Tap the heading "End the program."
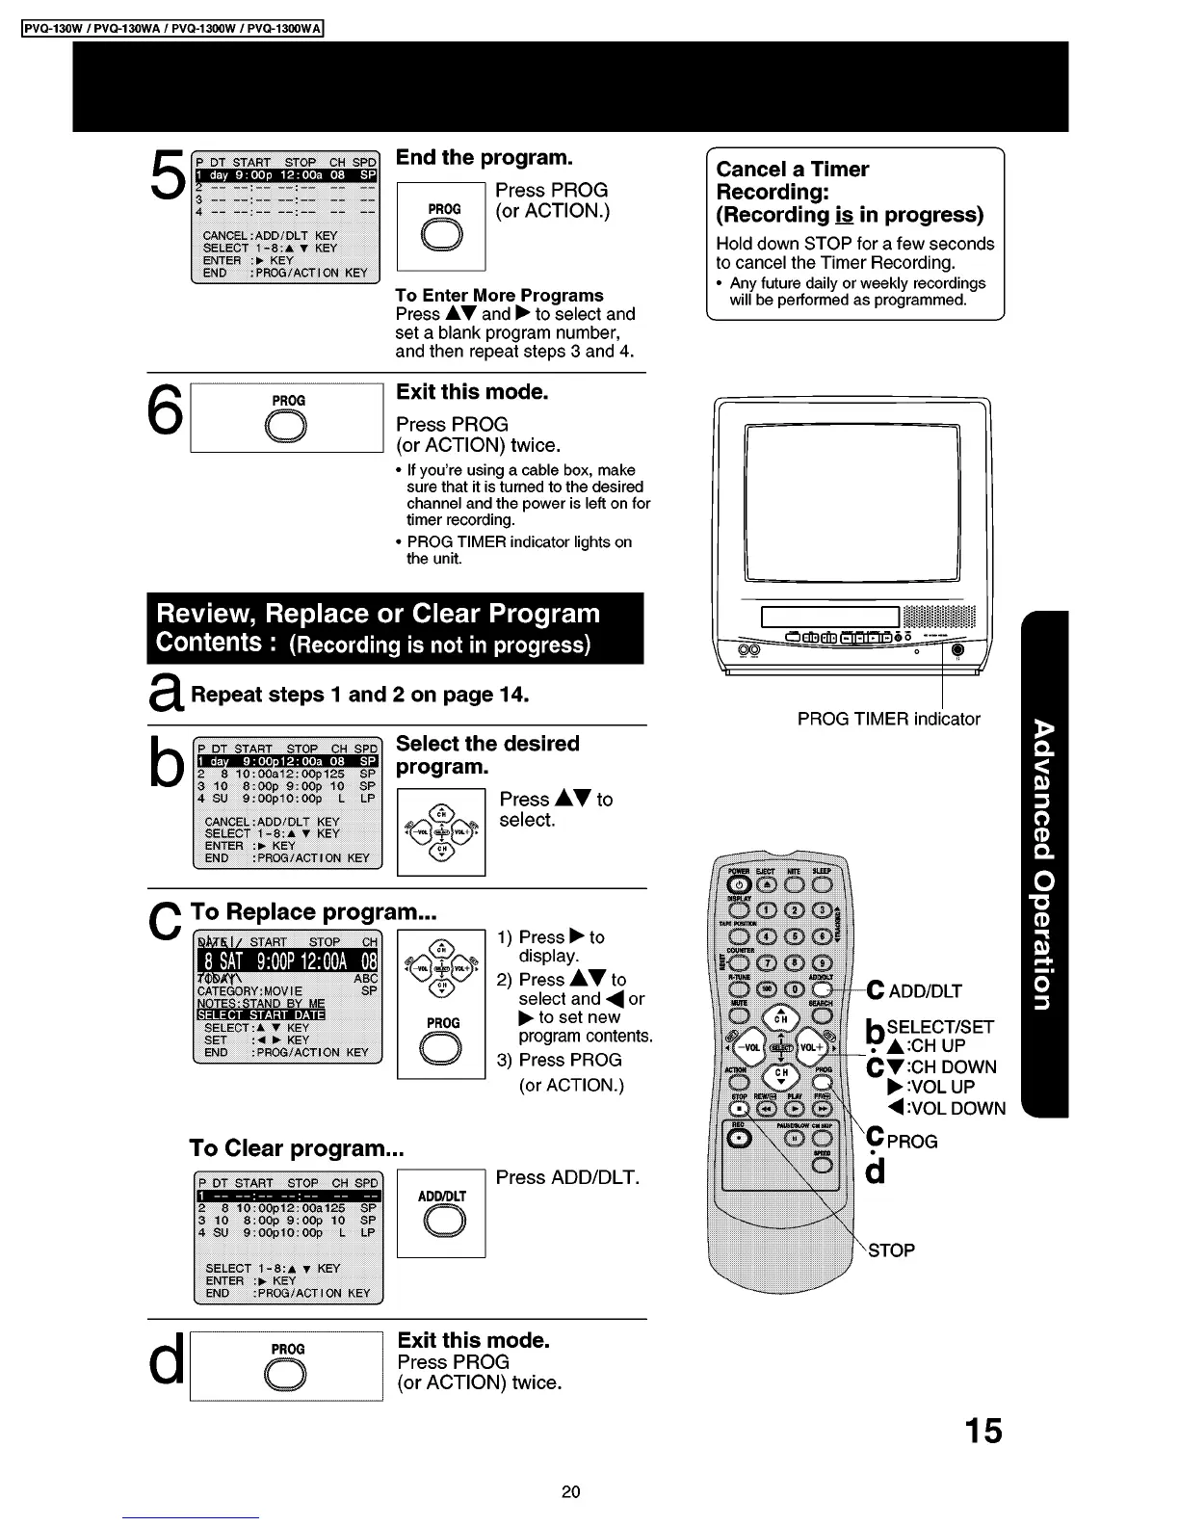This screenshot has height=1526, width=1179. coord(484,158)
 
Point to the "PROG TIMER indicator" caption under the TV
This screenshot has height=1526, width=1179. coord(888,719)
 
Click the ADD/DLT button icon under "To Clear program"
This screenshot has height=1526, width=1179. coord(442,1223)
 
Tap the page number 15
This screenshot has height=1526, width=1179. coord(983,1432)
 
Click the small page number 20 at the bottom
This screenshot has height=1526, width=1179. coord(571,1492)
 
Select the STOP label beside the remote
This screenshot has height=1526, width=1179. coord(891,1250)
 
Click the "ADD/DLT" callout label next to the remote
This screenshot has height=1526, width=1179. coord(925,991)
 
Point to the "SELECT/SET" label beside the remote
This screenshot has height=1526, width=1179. coord(939,1027)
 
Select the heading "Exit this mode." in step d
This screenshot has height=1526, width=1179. coord(473,1340)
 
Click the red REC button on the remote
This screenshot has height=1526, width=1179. coord(740,1139)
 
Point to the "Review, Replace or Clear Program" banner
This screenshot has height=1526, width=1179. coord(395,628)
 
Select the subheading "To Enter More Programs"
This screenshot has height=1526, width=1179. coord(499,296)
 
